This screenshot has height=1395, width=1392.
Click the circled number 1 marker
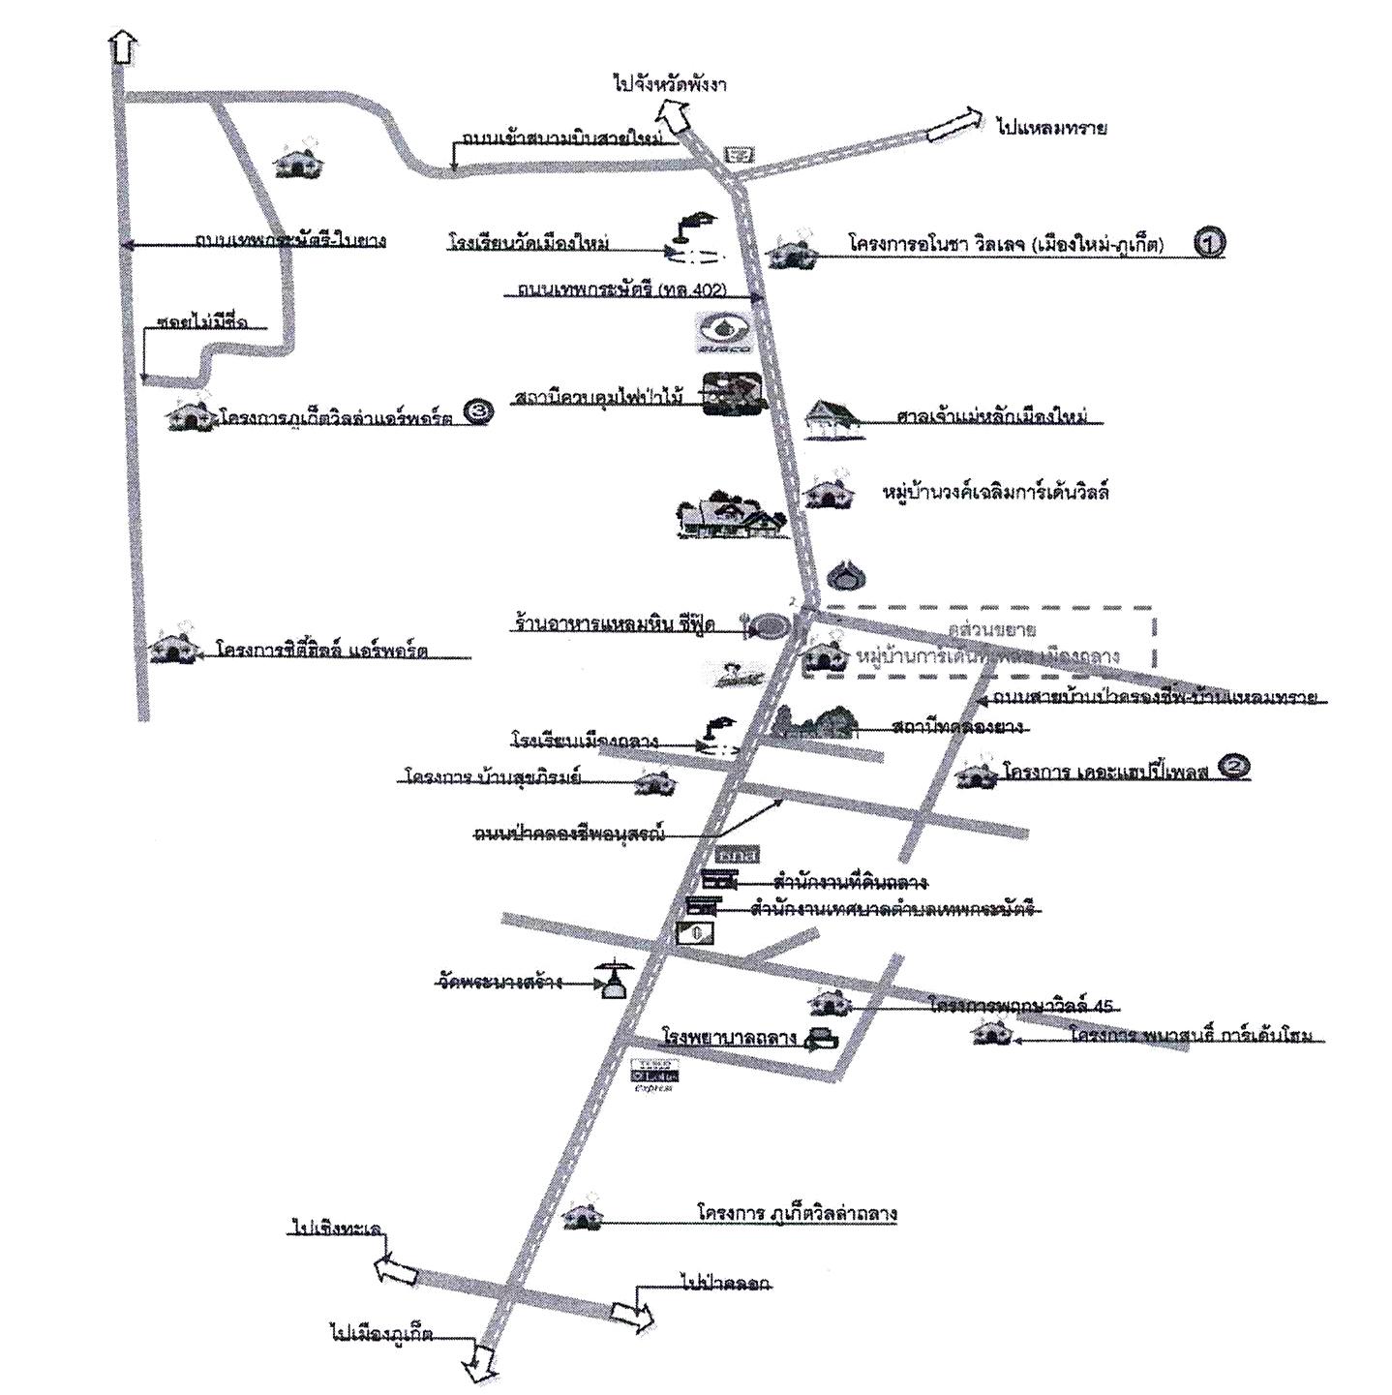[x=1209, y=242]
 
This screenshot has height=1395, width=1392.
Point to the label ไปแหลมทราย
[x=1051, y=128]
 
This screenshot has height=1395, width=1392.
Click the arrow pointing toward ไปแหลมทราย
[x=953, y=127]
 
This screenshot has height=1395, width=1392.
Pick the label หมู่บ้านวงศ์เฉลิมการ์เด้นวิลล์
[x=996, y=493]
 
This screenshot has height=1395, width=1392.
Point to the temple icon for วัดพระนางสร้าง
[x=613, y=982]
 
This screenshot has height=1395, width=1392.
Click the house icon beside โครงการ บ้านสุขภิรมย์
[x=654, y=781]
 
